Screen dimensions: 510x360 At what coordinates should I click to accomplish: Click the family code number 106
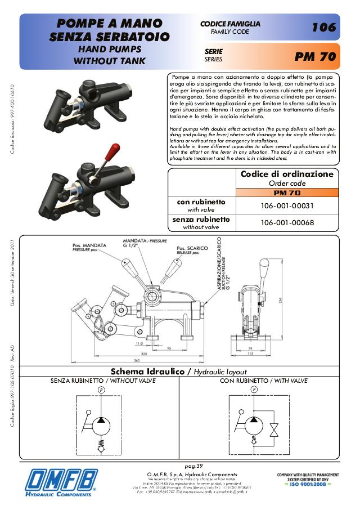point(323,27)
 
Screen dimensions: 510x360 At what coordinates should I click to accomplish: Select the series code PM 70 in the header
point(315,57)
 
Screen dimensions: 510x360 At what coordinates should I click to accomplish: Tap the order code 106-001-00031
point(287,205)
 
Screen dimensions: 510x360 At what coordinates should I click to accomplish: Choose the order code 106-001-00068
point(287,223)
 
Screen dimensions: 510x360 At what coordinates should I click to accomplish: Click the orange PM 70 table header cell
point(287,193)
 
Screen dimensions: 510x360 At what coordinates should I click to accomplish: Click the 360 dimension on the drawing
point(136,360)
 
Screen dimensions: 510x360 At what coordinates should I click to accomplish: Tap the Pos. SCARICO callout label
point(189,248)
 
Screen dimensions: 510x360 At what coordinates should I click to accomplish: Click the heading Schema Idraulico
point(148,372)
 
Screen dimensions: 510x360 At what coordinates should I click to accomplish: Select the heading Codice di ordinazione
point(287,174)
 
